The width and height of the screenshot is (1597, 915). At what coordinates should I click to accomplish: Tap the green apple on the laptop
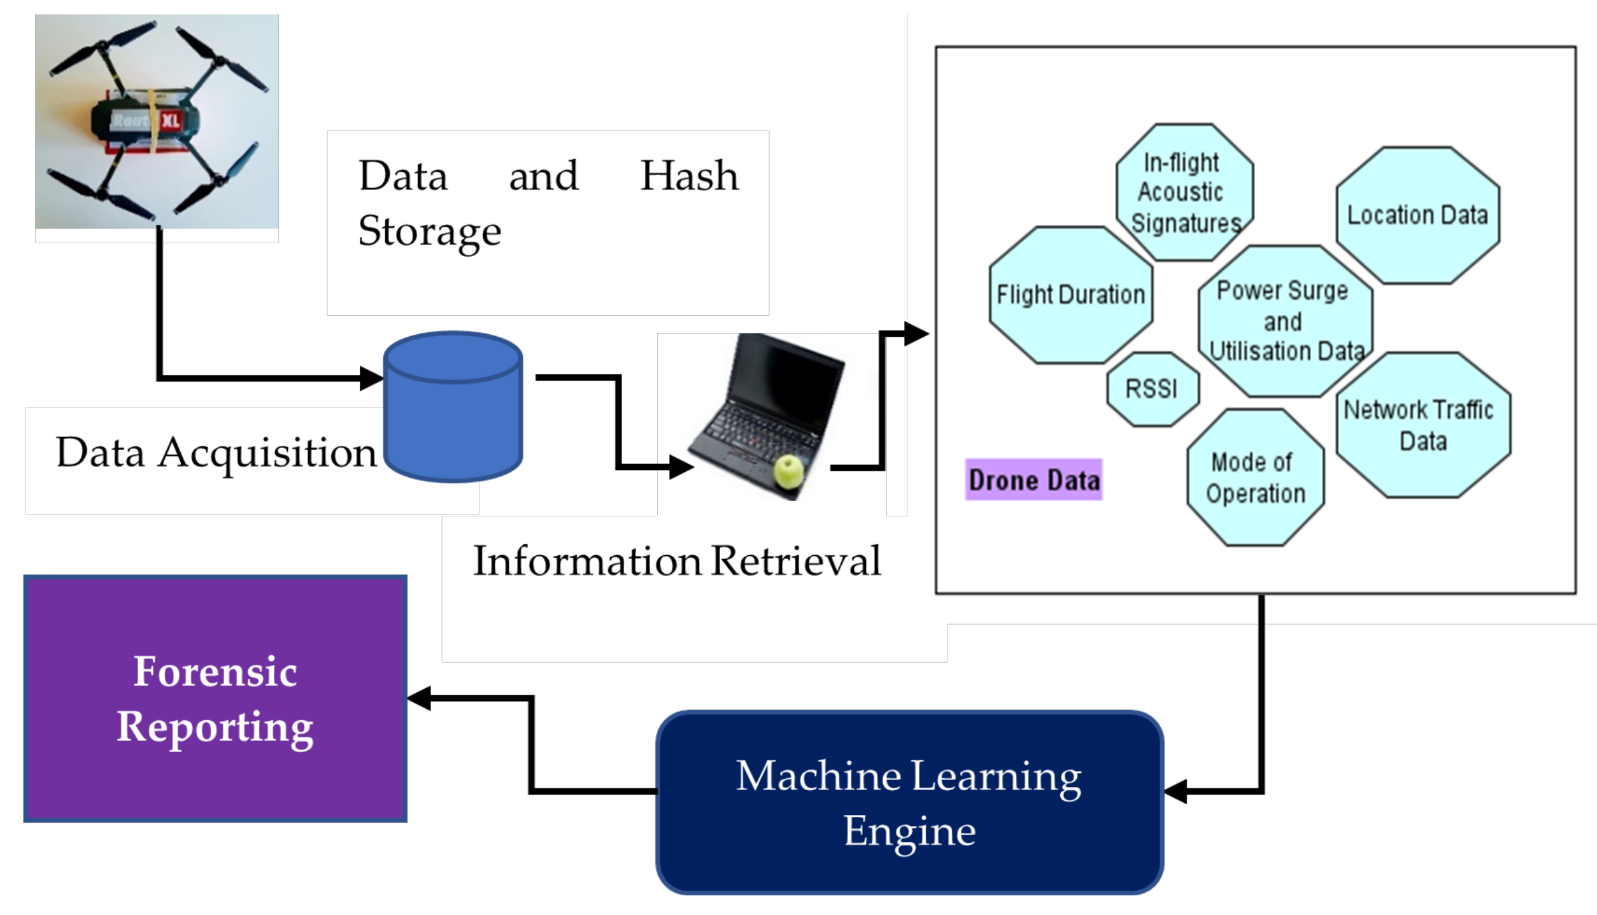[788, 472]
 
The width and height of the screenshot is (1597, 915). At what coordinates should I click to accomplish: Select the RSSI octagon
[1152, 388]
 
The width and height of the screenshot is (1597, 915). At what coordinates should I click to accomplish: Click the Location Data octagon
[1417, 215]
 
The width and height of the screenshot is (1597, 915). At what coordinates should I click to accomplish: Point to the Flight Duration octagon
[1070, 295]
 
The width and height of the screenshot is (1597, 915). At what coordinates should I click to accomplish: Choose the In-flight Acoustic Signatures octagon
[1184, 192]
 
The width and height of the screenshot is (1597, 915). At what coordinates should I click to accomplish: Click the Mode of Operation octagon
[1255, 478]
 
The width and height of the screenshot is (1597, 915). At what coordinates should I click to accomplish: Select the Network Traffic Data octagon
[1423, 425]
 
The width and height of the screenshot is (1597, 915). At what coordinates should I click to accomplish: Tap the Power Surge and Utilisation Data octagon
[1284, 321]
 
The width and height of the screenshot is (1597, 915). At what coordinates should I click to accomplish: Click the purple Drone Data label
[1033, 479]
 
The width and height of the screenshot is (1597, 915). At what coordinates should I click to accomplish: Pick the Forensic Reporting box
[215, 699]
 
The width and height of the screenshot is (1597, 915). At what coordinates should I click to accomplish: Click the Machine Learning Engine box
[909, 802]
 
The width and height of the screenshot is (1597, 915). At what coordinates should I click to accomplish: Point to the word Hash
[689, 176]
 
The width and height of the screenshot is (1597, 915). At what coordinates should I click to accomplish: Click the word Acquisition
[267, 453]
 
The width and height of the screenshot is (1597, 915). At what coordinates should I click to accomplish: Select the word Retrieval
[795, 562]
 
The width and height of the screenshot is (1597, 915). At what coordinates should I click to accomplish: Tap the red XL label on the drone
[170, 120]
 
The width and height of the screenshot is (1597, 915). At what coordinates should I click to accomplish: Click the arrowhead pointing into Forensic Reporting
[420, 699]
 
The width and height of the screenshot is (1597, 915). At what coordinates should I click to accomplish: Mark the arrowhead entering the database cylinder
[371, 378]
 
